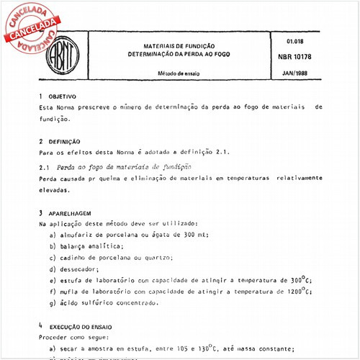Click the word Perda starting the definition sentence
coord(48,179)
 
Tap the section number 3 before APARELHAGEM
coord(40,213)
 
